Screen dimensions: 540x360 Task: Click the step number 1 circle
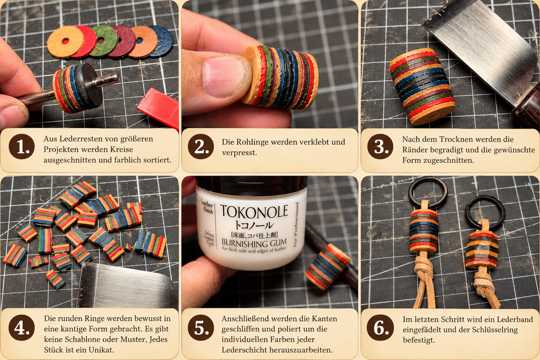[x=22, y=147]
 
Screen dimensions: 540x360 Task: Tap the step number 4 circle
[x=22, y=328]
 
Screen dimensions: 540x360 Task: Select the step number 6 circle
[x=380, y=328]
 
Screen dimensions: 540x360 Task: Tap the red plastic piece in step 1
[x=159, y=108]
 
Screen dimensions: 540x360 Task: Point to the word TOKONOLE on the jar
[x=254, y=212]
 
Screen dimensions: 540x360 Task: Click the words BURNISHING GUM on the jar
[x=254, y=244]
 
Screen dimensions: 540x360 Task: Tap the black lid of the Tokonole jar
[x=252, y=185]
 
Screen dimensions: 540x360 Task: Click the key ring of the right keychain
[x=485, y=212]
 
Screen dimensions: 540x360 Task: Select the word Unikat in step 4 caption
[x=102, y=349]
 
